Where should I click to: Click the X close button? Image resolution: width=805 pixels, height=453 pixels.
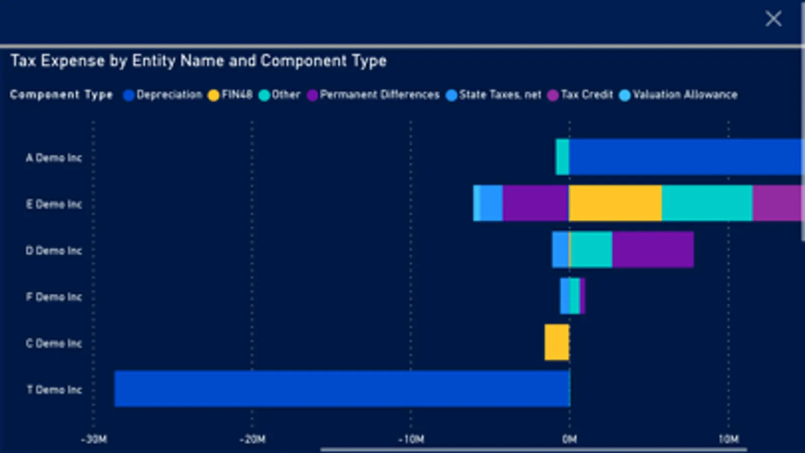tap(773, 19)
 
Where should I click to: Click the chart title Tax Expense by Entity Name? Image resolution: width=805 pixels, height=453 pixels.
tap(198, 61)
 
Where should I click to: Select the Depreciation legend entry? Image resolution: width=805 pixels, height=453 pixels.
tap(163, 95)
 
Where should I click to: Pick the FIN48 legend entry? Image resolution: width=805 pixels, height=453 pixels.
tap(231, 95)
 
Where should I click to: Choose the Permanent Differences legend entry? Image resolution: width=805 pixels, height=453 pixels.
tap(374, 95)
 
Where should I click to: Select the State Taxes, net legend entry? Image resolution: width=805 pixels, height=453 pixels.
tap(494, 95)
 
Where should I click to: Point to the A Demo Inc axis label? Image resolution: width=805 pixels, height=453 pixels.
tap(54, 158)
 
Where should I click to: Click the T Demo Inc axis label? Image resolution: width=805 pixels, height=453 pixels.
tap(54, 390)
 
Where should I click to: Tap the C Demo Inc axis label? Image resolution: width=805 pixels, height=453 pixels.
tap(54, 343)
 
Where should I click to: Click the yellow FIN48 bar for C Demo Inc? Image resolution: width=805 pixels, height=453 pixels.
tap(557, 342)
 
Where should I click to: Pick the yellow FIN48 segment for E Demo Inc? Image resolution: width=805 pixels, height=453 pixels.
tap(615, 203)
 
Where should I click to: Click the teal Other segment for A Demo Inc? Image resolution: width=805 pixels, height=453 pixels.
tap(562, 157)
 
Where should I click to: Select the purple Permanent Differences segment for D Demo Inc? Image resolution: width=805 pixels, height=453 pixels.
tap(652, 250)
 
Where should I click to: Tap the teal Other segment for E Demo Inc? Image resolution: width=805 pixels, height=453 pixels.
tap(707, 203)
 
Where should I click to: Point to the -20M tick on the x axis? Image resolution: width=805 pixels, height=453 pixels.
tap(252, 439)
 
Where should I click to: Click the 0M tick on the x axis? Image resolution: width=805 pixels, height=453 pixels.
tap(569, 439)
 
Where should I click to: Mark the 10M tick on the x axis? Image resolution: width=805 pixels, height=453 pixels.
tap(728, 439)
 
